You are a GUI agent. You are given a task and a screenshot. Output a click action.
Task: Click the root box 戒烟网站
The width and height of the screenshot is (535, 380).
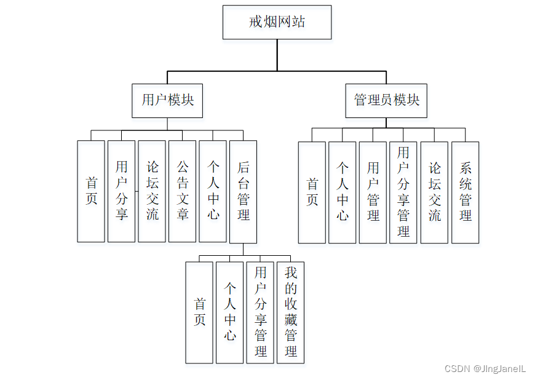[277, 23]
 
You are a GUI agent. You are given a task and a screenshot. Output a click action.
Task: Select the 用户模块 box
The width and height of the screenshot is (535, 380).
[167, 100]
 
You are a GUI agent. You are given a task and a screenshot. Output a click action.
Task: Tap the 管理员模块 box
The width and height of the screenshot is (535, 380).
[386, 100]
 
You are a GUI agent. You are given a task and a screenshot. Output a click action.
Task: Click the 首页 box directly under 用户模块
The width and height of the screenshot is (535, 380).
[91, 191]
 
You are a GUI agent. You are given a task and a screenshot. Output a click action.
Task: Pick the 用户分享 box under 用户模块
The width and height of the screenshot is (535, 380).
[121, 191]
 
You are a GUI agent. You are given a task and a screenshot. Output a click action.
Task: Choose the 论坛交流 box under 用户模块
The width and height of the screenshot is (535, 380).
[152, 191]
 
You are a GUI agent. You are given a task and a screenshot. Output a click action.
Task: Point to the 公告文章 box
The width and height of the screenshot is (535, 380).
[182, 191]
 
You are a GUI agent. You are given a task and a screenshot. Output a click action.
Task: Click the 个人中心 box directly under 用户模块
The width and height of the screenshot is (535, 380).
[213, 191]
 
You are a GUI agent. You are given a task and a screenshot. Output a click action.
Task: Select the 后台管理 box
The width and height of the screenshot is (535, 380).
[243, 191]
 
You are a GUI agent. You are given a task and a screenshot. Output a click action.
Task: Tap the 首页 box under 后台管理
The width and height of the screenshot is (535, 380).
[199, 312]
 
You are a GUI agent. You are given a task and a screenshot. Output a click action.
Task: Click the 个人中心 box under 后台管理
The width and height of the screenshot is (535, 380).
[229, 312]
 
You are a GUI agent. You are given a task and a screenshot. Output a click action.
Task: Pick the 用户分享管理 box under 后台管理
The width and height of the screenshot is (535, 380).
[260, 312]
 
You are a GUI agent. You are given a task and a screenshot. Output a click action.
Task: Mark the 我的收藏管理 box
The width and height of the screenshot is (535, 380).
[290, 312]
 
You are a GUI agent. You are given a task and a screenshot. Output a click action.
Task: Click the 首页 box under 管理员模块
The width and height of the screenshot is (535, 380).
[312, 192]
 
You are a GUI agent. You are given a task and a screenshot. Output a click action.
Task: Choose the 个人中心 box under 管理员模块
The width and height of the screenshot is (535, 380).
[342, 192]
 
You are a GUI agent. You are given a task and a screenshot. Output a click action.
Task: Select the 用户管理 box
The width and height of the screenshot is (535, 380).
[373, 192]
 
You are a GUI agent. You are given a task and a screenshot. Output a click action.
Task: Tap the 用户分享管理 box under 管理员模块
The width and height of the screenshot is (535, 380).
[403, 192]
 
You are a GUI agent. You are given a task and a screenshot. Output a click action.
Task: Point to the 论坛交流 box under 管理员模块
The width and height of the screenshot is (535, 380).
[434, 192]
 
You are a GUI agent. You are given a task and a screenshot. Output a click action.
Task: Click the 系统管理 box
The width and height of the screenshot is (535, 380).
[465, 192]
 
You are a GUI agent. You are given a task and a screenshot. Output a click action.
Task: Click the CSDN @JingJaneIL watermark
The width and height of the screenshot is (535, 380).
[485, 369]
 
